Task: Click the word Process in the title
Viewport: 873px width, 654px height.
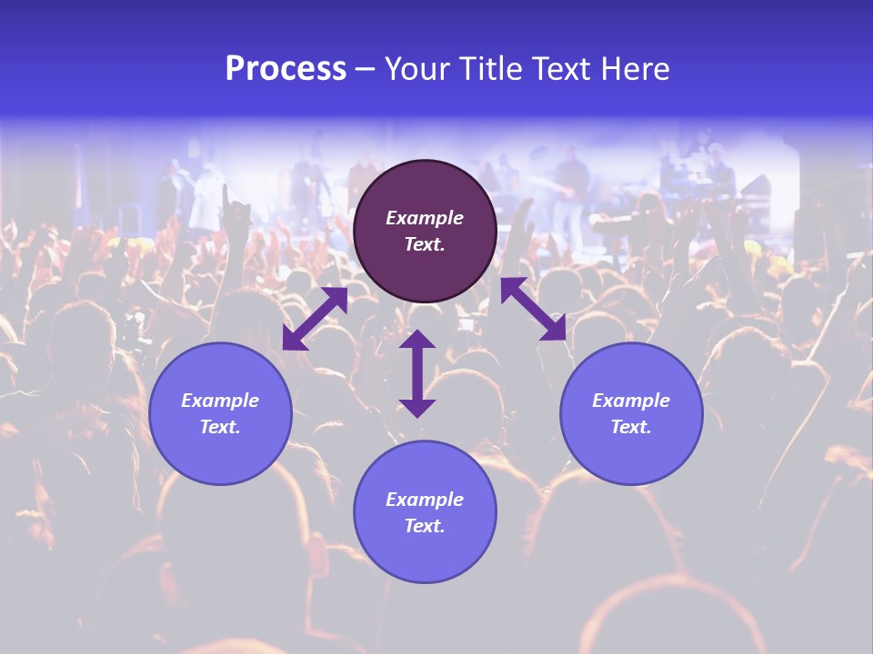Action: click(286, 69)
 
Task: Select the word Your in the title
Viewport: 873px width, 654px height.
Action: click(419, 69)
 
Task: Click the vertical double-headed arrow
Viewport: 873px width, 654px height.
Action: click(417, 373)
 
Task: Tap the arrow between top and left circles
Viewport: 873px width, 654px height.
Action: click(315, 319)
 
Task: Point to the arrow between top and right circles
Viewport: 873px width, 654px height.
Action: click(533, 309)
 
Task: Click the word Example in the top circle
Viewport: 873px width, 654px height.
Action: click(425, 218)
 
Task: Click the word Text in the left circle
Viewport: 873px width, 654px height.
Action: click(220, 427)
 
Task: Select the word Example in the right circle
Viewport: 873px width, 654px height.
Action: click(631, 401)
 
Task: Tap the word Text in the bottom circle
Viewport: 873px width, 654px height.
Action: click(425, 526)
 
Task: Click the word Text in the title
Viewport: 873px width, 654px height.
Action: click(562, 69)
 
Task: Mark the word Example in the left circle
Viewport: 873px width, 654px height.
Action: click(220, 401)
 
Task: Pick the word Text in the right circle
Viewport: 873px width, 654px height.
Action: click(631, 427)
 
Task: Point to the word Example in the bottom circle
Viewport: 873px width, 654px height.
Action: click(425, 500)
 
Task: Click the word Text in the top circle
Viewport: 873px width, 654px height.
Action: click(425, 244)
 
